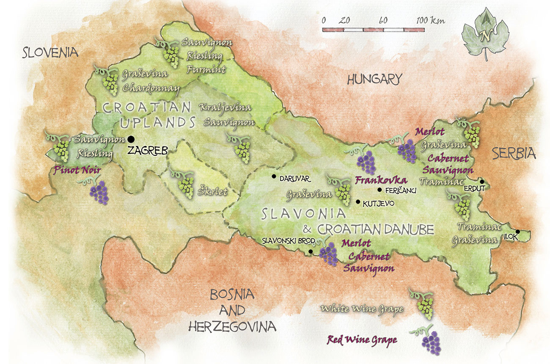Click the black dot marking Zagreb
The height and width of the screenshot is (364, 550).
coord(131,139)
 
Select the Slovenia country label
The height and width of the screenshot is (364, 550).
coord(51,52)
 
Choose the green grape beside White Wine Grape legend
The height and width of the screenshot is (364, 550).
coord(424,305)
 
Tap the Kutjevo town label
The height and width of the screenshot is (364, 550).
coord(379,204)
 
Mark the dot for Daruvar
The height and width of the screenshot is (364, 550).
coord(274,176)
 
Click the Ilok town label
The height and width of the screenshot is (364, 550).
coord(510,237)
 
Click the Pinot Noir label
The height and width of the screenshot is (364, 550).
coord(74,171)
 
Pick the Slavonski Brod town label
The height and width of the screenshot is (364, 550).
coord(288,240)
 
